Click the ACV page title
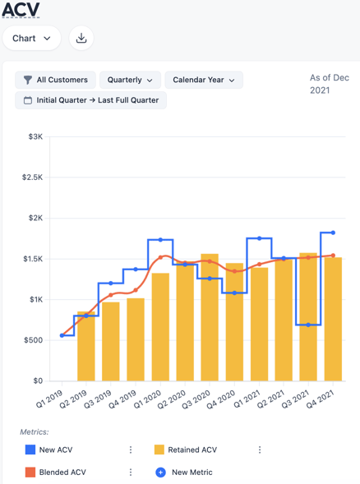(21, 10)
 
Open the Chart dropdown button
(31, 38)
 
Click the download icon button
(81, 38)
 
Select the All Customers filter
(55, 81)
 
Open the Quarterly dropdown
(130, 81)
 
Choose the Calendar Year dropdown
(203, 81)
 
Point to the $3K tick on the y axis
(34, 137)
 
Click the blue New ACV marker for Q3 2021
(308, 325)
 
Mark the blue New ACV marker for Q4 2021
(333, 233)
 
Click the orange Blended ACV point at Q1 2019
(62, 335)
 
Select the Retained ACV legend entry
(192, 449)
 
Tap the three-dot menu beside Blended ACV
(131, 472)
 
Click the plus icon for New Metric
(160, 472)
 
